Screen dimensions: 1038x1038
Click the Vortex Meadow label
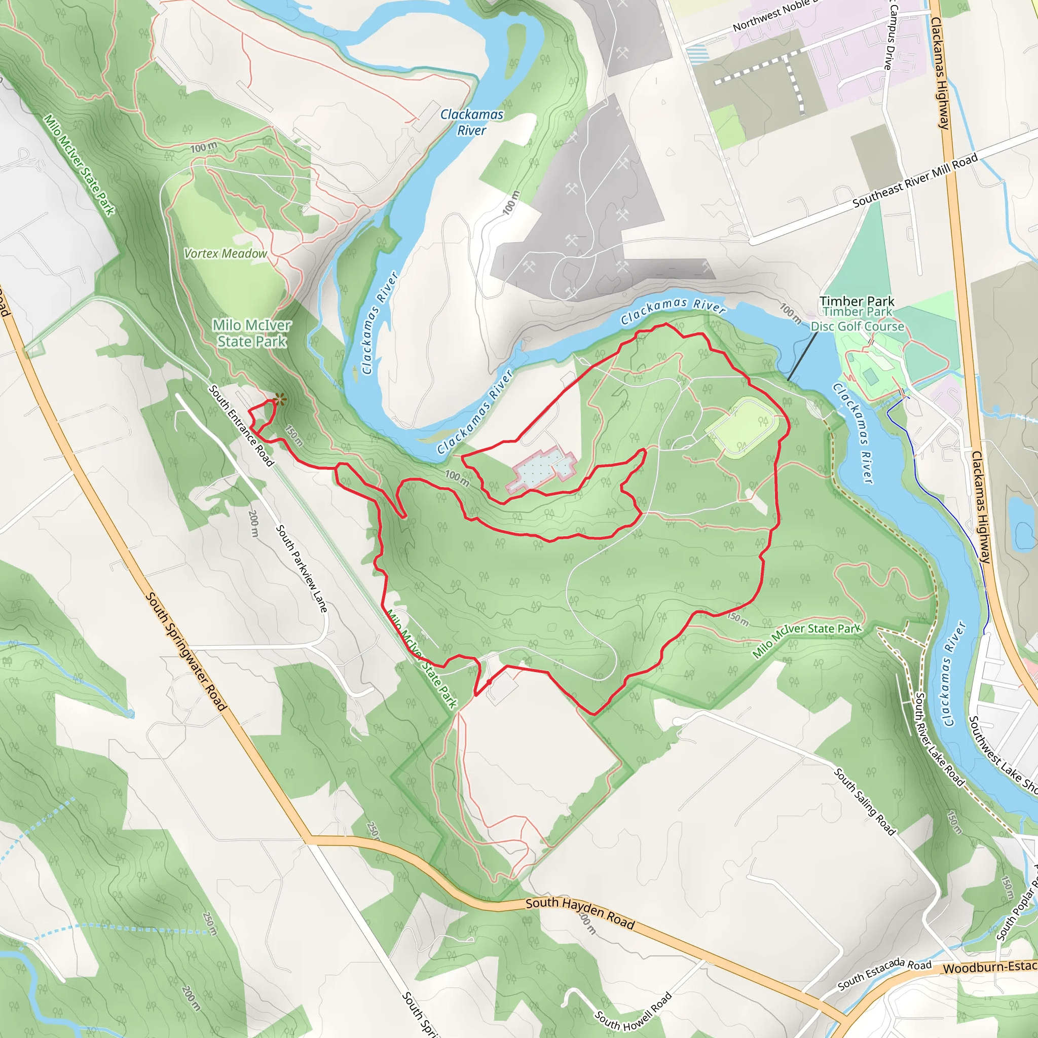point(225,253)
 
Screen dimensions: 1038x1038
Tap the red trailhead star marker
point(279,399)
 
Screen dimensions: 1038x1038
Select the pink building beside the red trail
point(542,469)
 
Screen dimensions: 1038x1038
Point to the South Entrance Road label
point(241,425)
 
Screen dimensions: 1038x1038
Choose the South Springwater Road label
point(186,651)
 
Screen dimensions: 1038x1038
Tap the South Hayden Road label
point(580,913)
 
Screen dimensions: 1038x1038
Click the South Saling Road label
point(865,801)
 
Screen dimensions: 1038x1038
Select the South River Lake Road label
point(939,739)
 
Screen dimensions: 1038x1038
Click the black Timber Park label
point(857,301)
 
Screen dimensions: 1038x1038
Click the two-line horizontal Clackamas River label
point(472,123)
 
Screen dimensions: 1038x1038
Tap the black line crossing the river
point(802,356)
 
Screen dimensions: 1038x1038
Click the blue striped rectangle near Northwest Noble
point(698,54)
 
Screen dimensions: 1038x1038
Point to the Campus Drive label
point(890,35)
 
